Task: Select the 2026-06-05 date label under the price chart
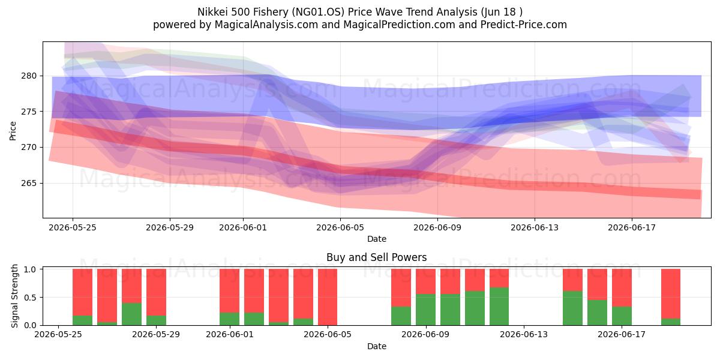(x=340, y=227)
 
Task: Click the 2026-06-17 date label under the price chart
(x=632, y=227)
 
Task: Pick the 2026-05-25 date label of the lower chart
(x=58, y=334)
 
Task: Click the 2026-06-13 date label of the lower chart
(x=524, y=334)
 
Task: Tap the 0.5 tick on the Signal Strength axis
(x=31, y=298)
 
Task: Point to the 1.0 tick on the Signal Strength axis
(x=31, y=269)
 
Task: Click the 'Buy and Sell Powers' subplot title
(x=377, y=257)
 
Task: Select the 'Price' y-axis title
(x=13, y=131)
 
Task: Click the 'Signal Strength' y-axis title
(x=14, y=296)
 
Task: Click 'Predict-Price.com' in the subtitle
(x=524, y=25)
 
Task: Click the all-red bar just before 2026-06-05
(x=328, y=297)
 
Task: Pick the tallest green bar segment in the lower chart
(x=499, y=307)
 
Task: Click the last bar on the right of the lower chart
(x=671, y=297)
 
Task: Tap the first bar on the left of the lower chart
(x=83, y=297)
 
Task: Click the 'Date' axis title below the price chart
(x=377, y=239)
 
